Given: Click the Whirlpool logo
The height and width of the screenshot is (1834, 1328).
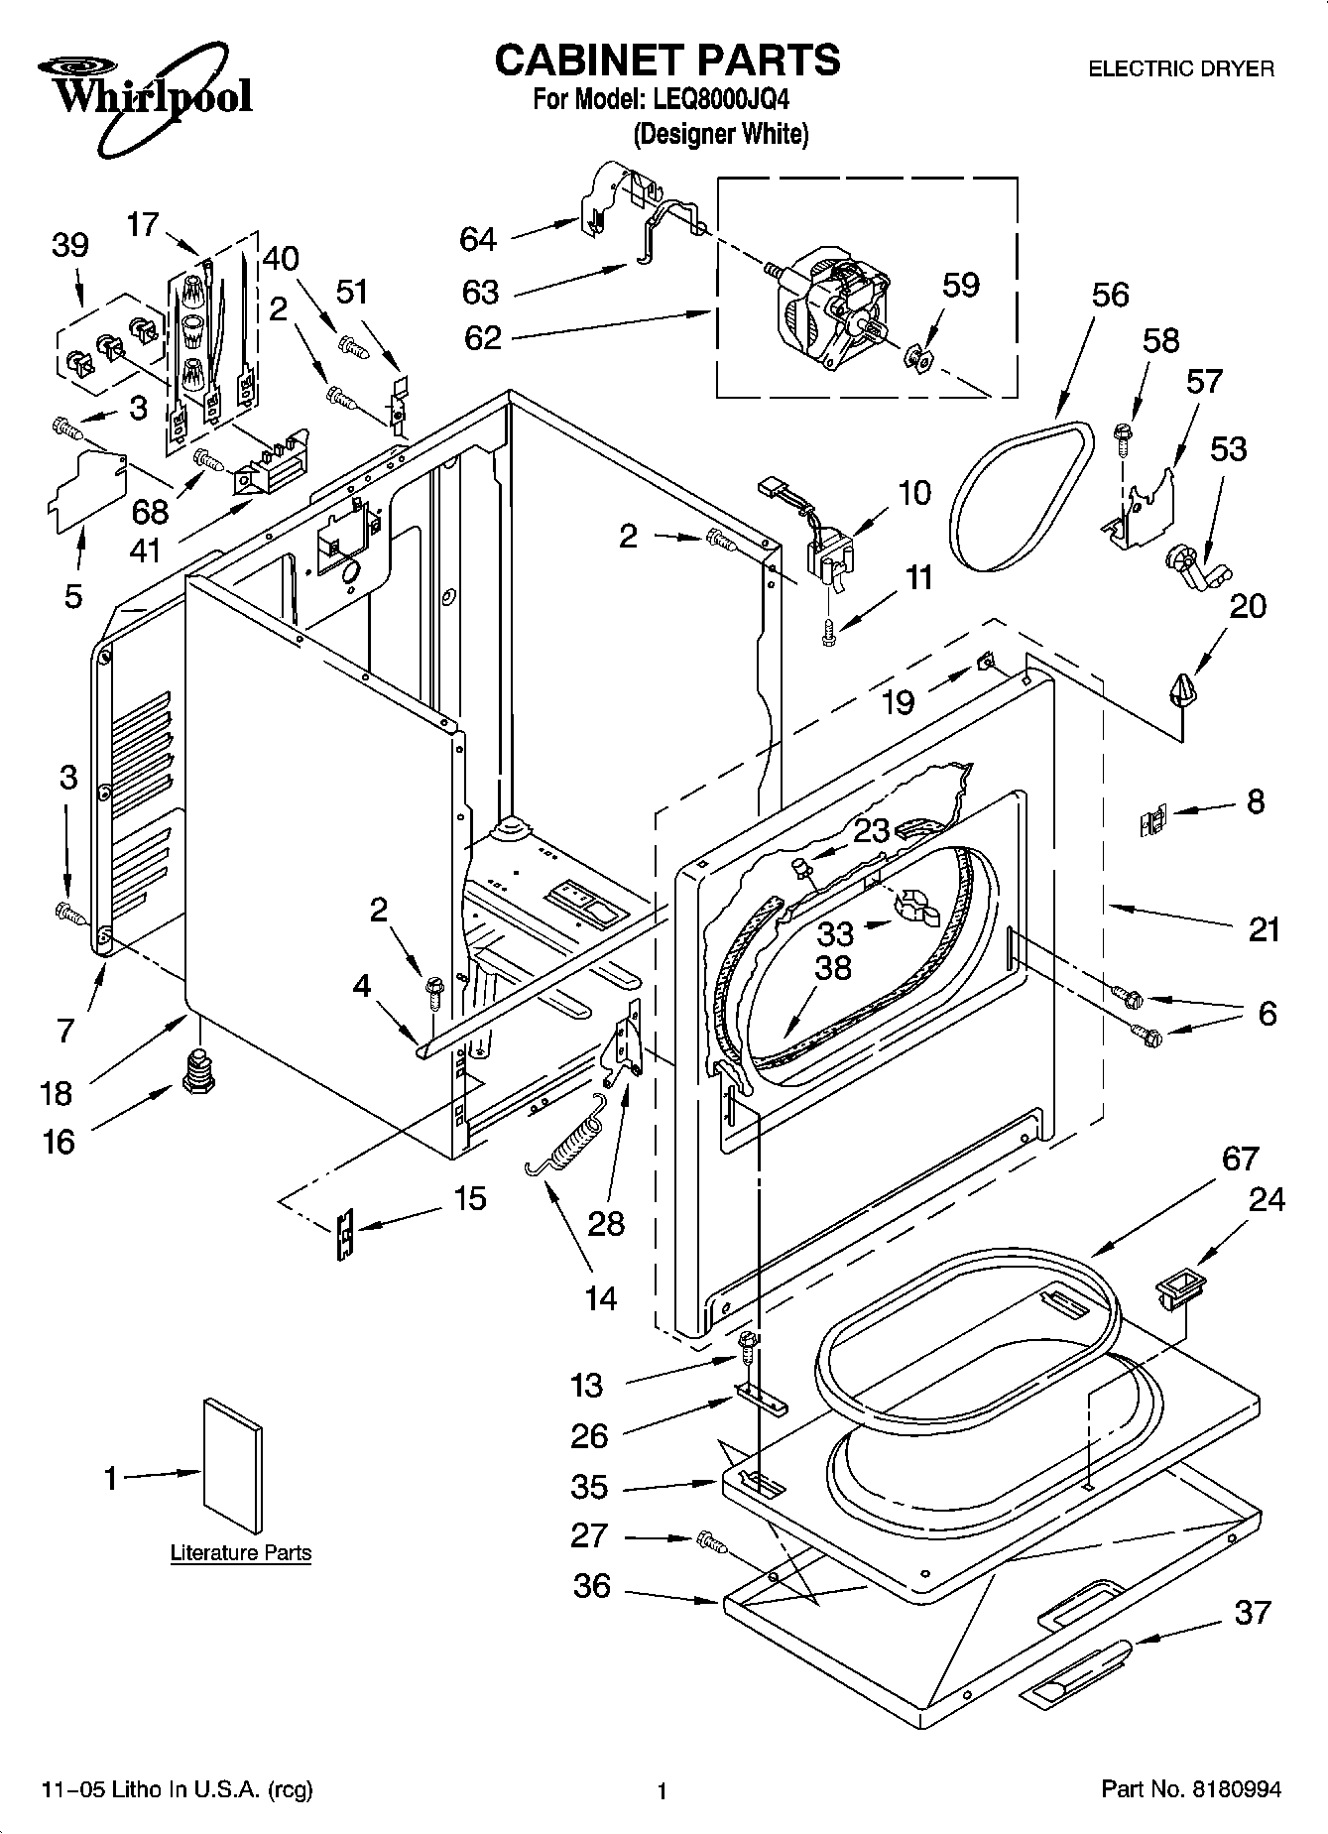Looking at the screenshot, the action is [144, 89].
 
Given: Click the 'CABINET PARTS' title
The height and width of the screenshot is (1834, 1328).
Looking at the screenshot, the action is [667, 60].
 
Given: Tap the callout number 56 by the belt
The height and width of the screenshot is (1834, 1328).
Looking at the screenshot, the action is [1111, 295].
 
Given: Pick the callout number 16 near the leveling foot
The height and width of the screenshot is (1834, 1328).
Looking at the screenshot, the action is [59, 1142].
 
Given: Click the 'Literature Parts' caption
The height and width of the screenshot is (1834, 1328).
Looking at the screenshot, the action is [241, 1553].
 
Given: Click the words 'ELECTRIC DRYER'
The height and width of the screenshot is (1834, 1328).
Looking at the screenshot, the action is [1181, 68].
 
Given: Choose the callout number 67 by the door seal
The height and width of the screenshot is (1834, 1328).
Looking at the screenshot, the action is [1240, 1158].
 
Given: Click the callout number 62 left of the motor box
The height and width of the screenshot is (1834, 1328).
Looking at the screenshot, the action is [483, 337].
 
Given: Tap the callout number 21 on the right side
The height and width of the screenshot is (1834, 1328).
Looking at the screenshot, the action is [1264, 929].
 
